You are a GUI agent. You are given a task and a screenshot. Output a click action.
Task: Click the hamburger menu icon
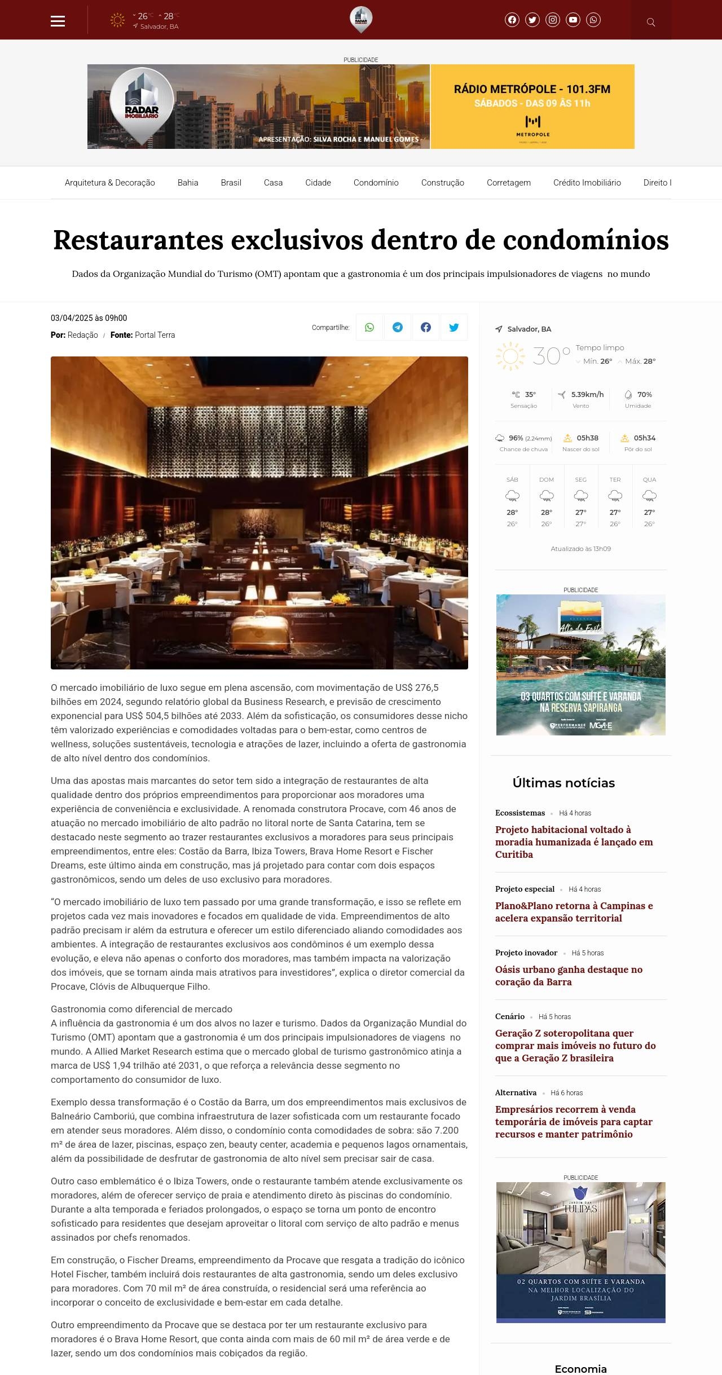pyautogui.click(x=58, y=21)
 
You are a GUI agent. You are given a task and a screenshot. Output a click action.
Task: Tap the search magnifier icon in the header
pyautogui.click(x=651, y=22)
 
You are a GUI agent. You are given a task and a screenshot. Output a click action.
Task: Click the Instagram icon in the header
pyautogui.click(x=553, y=20)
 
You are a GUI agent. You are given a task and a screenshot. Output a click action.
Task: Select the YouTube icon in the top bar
pyautogui.click(x=573, y=20)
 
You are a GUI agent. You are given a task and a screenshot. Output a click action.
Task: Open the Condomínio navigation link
pyautogui.click(x=376, y=183)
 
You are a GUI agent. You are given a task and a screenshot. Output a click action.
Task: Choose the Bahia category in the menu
pyautogui.click(x=188, y=183)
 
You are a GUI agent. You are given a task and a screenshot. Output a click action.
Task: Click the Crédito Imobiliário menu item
pyautogui.click(x=587, y=183)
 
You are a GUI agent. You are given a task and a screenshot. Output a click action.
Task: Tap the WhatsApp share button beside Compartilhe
pyautogui.click(x=369, y=327)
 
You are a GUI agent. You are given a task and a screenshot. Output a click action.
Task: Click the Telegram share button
pyautogui.click(x=398, y=327)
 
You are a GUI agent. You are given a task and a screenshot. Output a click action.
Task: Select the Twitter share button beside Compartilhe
pyautogui.click(x=454, y=327)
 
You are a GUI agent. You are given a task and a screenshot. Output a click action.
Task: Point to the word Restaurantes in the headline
pyautogui.click(x=138, y=240)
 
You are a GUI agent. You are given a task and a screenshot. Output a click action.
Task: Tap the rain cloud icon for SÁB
pyautogui.click(x=512, y=496)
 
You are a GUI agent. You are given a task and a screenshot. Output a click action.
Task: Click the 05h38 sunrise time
pyautogui.click(x=587, y=438)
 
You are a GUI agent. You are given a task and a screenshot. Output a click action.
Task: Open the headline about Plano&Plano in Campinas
pyautogui.click(x=574, y=912)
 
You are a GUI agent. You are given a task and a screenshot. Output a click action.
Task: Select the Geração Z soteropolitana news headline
pyautogui.click(x=575, y=1046)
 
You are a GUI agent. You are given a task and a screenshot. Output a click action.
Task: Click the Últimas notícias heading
pyautogui.click(x=563, y=783)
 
